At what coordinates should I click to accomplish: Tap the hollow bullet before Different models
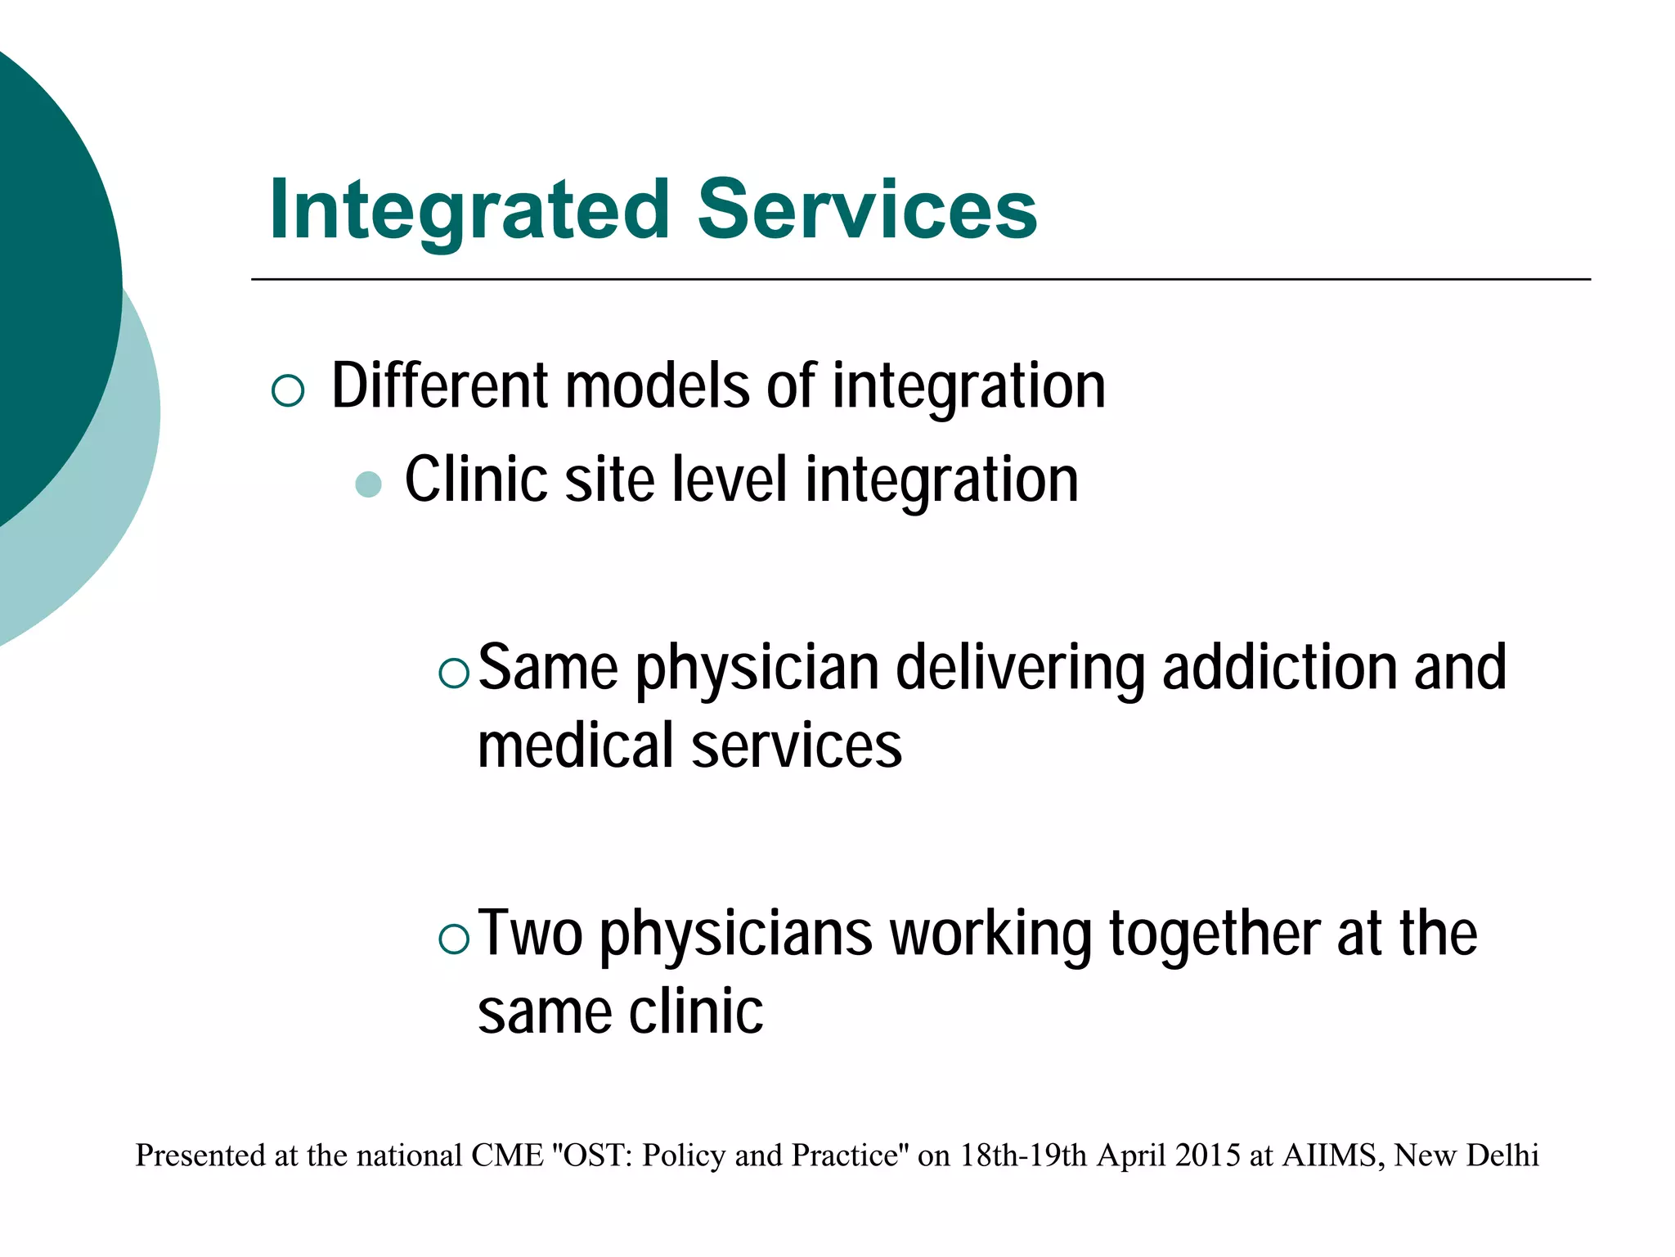click(287, 390)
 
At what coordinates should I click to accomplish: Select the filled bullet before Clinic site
click(369, 484)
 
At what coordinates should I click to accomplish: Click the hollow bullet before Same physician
click(454, 673)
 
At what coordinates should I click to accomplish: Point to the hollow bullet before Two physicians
click(454, 939)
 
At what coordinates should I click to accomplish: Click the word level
click(730, 480)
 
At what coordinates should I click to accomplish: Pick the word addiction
click(1281, 667)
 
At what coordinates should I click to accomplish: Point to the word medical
click(577, 746)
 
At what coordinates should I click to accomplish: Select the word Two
click(530, 933)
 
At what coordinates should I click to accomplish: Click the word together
click(1215, 933)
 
